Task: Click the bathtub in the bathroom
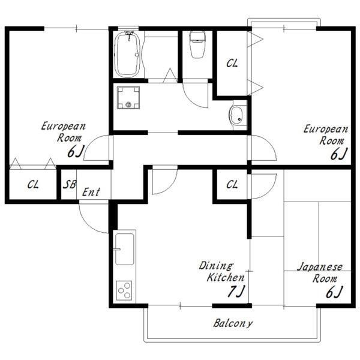click(x=127, y=55)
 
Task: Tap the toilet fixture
click(x=197, y=45)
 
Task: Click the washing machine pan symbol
click(x=128, y=98)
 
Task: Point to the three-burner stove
click(x=124, y=290)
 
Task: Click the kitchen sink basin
click(x=124, y=250)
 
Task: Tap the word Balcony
click(x=233, y=323)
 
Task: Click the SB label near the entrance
click(x=70, y=184)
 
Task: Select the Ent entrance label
click(x=91, y=192)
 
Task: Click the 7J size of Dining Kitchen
click(x=236, y=291)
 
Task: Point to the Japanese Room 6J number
click(x=334, y=292)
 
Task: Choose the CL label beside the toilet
click(x=232, y=63)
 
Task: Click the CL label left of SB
click(x=33, y=185)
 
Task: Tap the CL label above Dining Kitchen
click(x=232, y=184)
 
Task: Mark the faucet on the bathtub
click(x=129, y=35)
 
